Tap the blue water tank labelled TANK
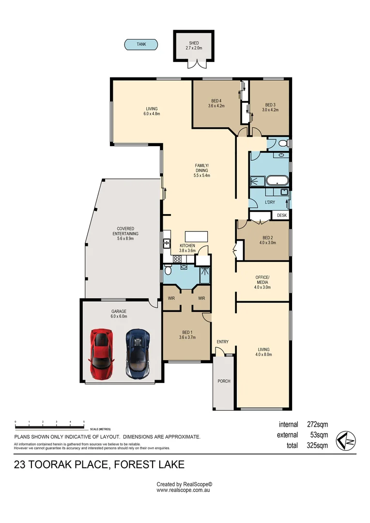141,45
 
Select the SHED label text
194,43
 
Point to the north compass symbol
346,441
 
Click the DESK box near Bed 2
281,215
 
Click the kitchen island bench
197,236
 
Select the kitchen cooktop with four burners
177,259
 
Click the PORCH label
224,381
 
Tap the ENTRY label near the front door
223,341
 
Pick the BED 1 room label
187,332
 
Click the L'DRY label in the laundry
270,202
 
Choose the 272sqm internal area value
317,424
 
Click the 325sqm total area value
317,446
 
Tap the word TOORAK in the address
49,464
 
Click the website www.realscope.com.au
183,490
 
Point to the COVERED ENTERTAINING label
125,231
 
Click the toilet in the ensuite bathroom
168,270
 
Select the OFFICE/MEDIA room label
262,279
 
